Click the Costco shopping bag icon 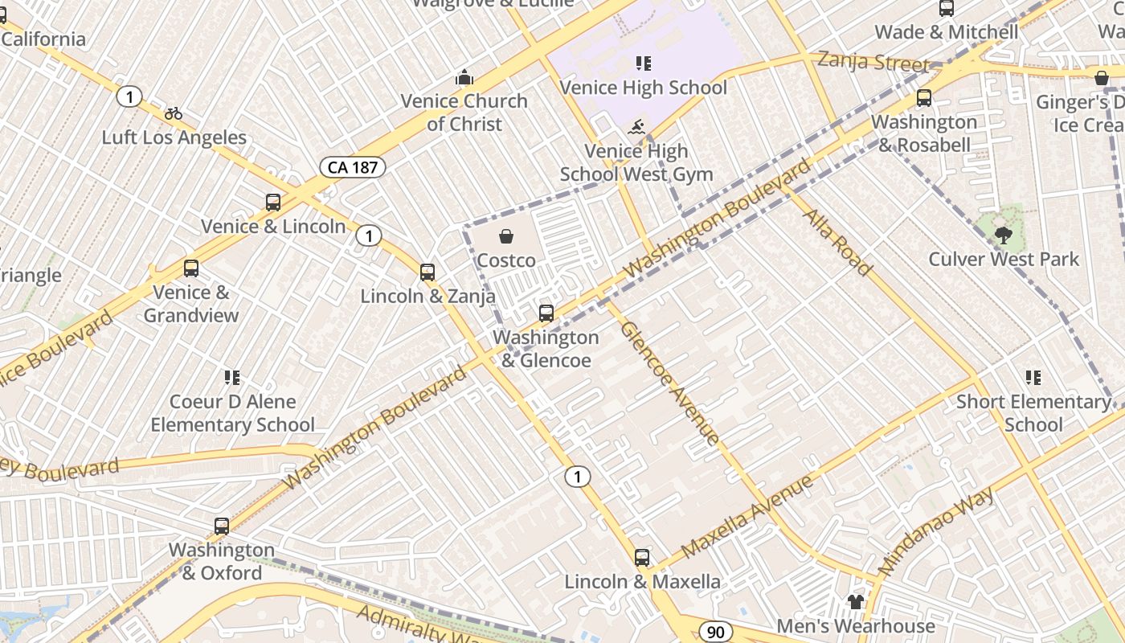(x=506, y=236)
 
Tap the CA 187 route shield (x=353, y=167)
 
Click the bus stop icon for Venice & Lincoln (x=273, y=203)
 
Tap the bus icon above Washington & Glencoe (x=546, y=313)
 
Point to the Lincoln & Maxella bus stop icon (x=641, y=557)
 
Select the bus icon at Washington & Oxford (x=222, y=526)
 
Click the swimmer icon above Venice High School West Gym (x=637, y=127)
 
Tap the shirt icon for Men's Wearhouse (x=855, y=602)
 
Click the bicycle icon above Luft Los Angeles (x=174, y=114)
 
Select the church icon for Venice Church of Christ (x=464, y=78)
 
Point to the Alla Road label (x=837, y=242)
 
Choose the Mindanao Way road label (x=937, y=530)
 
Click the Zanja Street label (x=873, y=62)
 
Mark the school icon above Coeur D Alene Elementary (x=232, y=377)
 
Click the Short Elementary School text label (x=1033, y=412)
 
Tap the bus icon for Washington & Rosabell (x=924, y=98)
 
